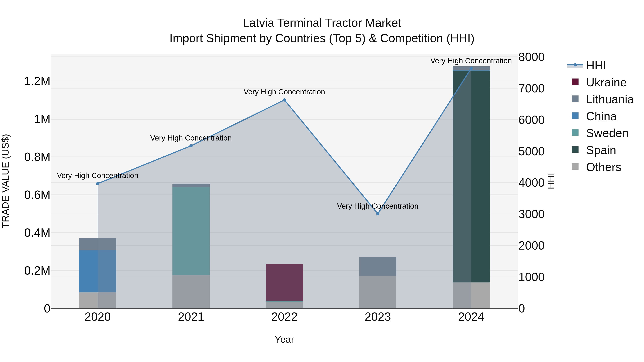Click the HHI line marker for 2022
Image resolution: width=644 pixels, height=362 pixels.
[284, 100]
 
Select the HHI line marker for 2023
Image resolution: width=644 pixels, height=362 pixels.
[378, 214]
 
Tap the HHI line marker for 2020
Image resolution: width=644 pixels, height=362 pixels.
[98, 184]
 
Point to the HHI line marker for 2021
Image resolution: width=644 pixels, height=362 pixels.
[191, 146]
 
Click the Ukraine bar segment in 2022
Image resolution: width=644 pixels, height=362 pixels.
[284, 282]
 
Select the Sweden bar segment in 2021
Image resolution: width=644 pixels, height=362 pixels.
[191, 231]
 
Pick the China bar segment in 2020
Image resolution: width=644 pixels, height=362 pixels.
[98, 271]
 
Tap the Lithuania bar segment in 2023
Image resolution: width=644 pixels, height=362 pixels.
[378, 266]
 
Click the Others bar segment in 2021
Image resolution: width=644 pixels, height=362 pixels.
[191, 292]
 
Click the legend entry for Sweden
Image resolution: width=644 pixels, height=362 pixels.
[607, 133]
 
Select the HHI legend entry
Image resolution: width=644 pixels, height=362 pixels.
[596, 65]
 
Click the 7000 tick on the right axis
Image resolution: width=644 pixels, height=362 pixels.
[531, 88]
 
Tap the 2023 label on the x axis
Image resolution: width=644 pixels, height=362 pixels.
[378, 317]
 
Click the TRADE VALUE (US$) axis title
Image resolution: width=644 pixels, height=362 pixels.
[6, 181]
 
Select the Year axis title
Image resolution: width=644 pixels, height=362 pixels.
[284, 339]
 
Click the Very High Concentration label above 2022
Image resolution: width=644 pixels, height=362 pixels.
[284, 92]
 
